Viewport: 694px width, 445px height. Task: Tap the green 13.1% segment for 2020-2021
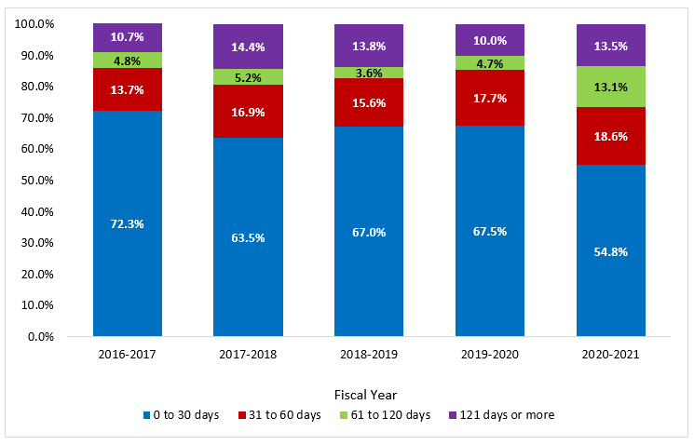[611, 87]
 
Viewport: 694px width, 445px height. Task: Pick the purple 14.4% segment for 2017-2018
[248, 47]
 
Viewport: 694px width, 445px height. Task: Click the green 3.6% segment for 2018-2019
[369, 73]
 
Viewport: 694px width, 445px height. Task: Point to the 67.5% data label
[490, 231]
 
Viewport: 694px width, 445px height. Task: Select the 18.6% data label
[611, 135]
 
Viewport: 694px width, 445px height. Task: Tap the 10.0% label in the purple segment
[490, 40]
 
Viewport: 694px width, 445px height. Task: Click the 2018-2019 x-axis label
[369, 355]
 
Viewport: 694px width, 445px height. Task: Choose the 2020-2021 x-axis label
[611, 355]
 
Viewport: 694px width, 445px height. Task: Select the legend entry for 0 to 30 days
[187, 414]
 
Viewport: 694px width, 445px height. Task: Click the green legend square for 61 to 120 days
[344, 414]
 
